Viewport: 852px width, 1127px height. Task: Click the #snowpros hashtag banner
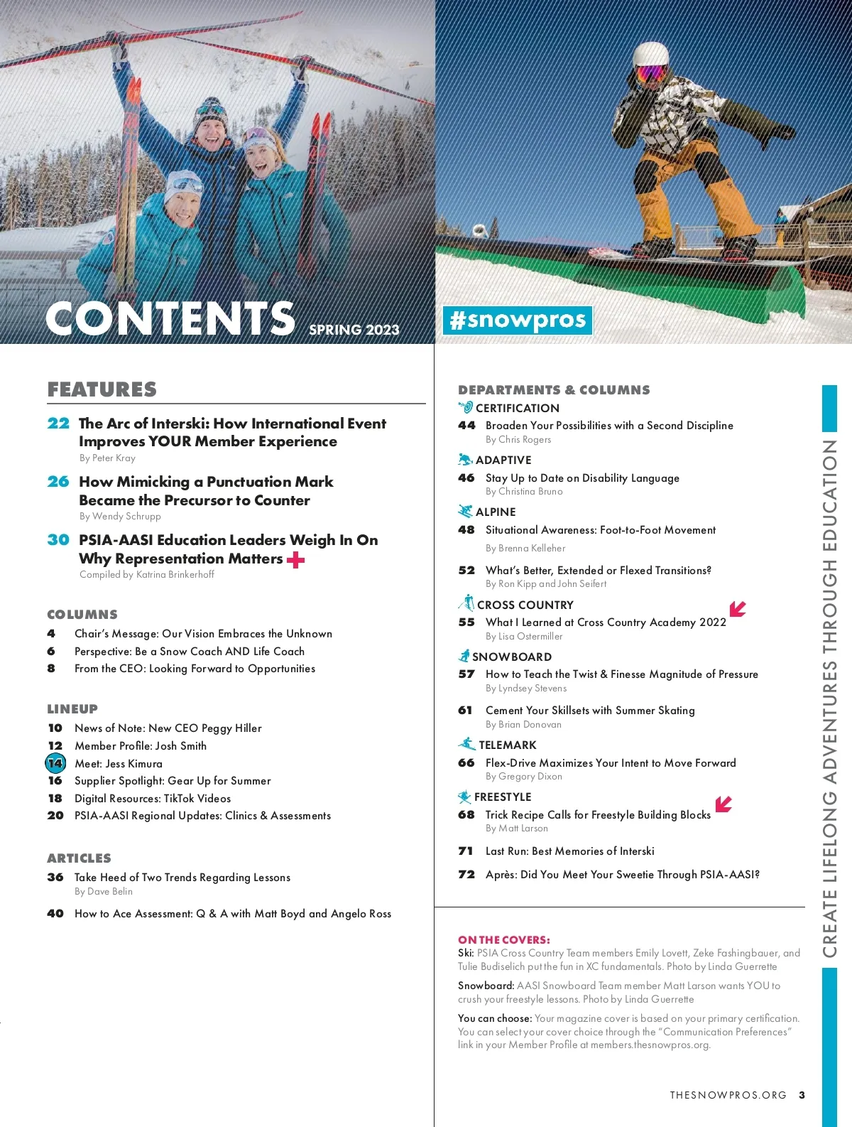coord(518,320)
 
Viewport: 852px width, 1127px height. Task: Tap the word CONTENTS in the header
coord(170,318)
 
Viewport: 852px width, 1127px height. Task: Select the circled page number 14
coord(55,763)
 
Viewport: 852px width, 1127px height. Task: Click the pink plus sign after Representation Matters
coord(295,560)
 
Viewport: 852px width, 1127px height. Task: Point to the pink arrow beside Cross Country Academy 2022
coord(738,608)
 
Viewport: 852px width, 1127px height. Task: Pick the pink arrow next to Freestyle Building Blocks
coord(723,804)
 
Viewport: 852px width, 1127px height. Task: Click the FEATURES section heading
coord(102,389)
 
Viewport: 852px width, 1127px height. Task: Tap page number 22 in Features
coord(58,424)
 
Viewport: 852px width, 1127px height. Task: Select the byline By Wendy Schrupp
coord(120,516)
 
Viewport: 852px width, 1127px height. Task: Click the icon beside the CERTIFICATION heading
coord(466,407)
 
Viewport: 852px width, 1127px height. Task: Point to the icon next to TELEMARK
coord(466,744)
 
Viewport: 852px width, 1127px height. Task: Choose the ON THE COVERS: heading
coord(503,939)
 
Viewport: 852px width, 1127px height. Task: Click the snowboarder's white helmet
coord(650,54)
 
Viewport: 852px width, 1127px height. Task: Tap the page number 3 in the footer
coord(802,1095)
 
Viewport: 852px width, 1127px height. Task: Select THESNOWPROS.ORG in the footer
coord(728,1095)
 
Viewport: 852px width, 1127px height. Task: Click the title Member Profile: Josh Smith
coord(141,745)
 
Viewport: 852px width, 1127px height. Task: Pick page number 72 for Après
coord(466,874)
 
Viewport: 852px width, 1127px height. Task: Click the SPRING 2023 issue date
coord(354,330)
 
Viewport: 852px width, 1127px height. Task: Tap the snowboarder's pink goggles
coord(651,72)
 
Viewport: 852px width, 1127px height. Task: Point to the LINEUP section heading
coord(72,708)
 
